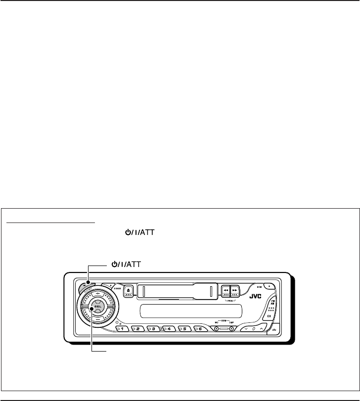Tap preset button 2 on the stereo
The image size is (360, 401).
138,328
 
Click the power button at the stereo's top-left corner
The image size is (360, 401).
87,286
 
